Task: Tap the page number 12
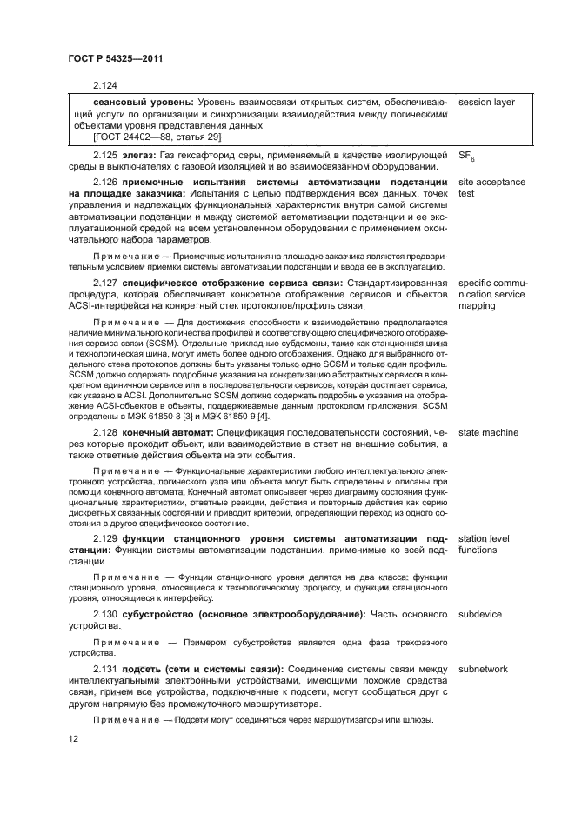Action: click(x=74, y=739)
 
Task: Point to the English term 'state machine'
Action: click(x=488, y=432)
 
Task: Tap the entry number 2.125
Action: click(x=105, y=154)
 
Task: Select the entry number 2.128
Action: click(x=105, y=432)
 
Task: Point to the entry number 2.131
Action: click(x=105, y=669)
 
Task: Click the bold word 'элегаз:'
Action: click(x=142, y=154)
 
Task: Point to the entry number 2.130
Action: click(x=105, y=615)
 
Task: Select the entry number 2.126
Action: click(x=105, y=181)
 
